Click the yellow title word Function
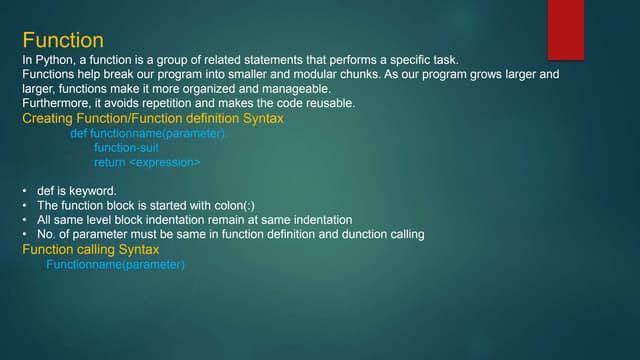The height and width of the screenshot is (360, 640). [62, 41]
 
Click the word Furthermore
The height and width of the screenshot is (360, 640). [59, 104]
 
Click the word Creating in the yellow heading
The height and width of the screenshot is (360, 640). [48, 119]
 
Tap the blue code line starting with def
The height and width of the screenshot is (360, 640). [149, 133]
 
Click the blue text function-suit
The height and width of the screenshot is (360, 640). [126, 147]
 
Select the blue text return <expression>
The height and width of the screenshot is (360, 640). [147, 162]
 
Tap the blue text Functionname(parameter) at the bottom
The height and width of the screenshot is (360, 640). [116, 264]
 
